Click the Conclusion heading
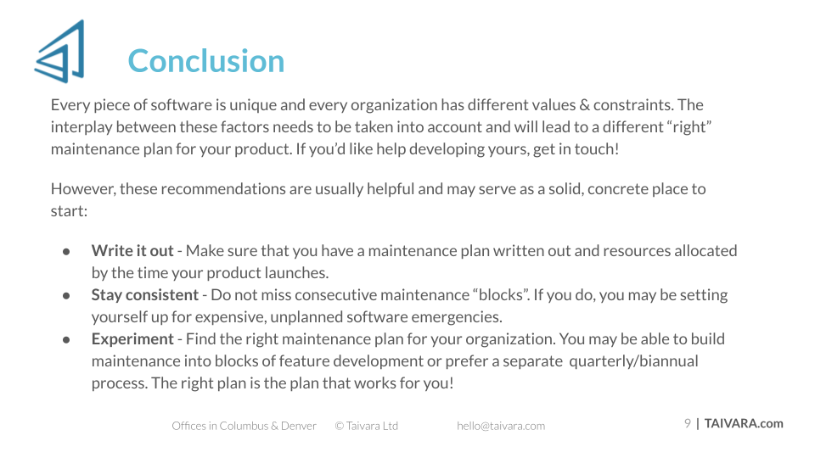206,61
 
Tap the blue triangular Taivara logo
59,52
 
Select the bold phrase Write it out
132,251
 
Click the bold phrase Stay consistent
145,295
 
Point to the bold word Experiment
132,339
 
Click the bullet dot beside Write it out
66,252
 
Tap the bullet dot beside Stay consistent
66,296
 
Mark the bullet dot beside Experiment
66,340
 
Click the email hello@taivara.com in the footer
501,426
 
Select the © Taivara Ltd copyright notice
367,426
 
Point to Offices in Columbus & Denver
244,426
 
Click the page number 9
688,423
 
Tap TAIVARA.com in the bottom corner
744,423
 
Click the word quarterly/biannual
633,361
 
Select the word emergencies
457,317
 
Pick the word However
82,189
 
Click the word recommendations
223,189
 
